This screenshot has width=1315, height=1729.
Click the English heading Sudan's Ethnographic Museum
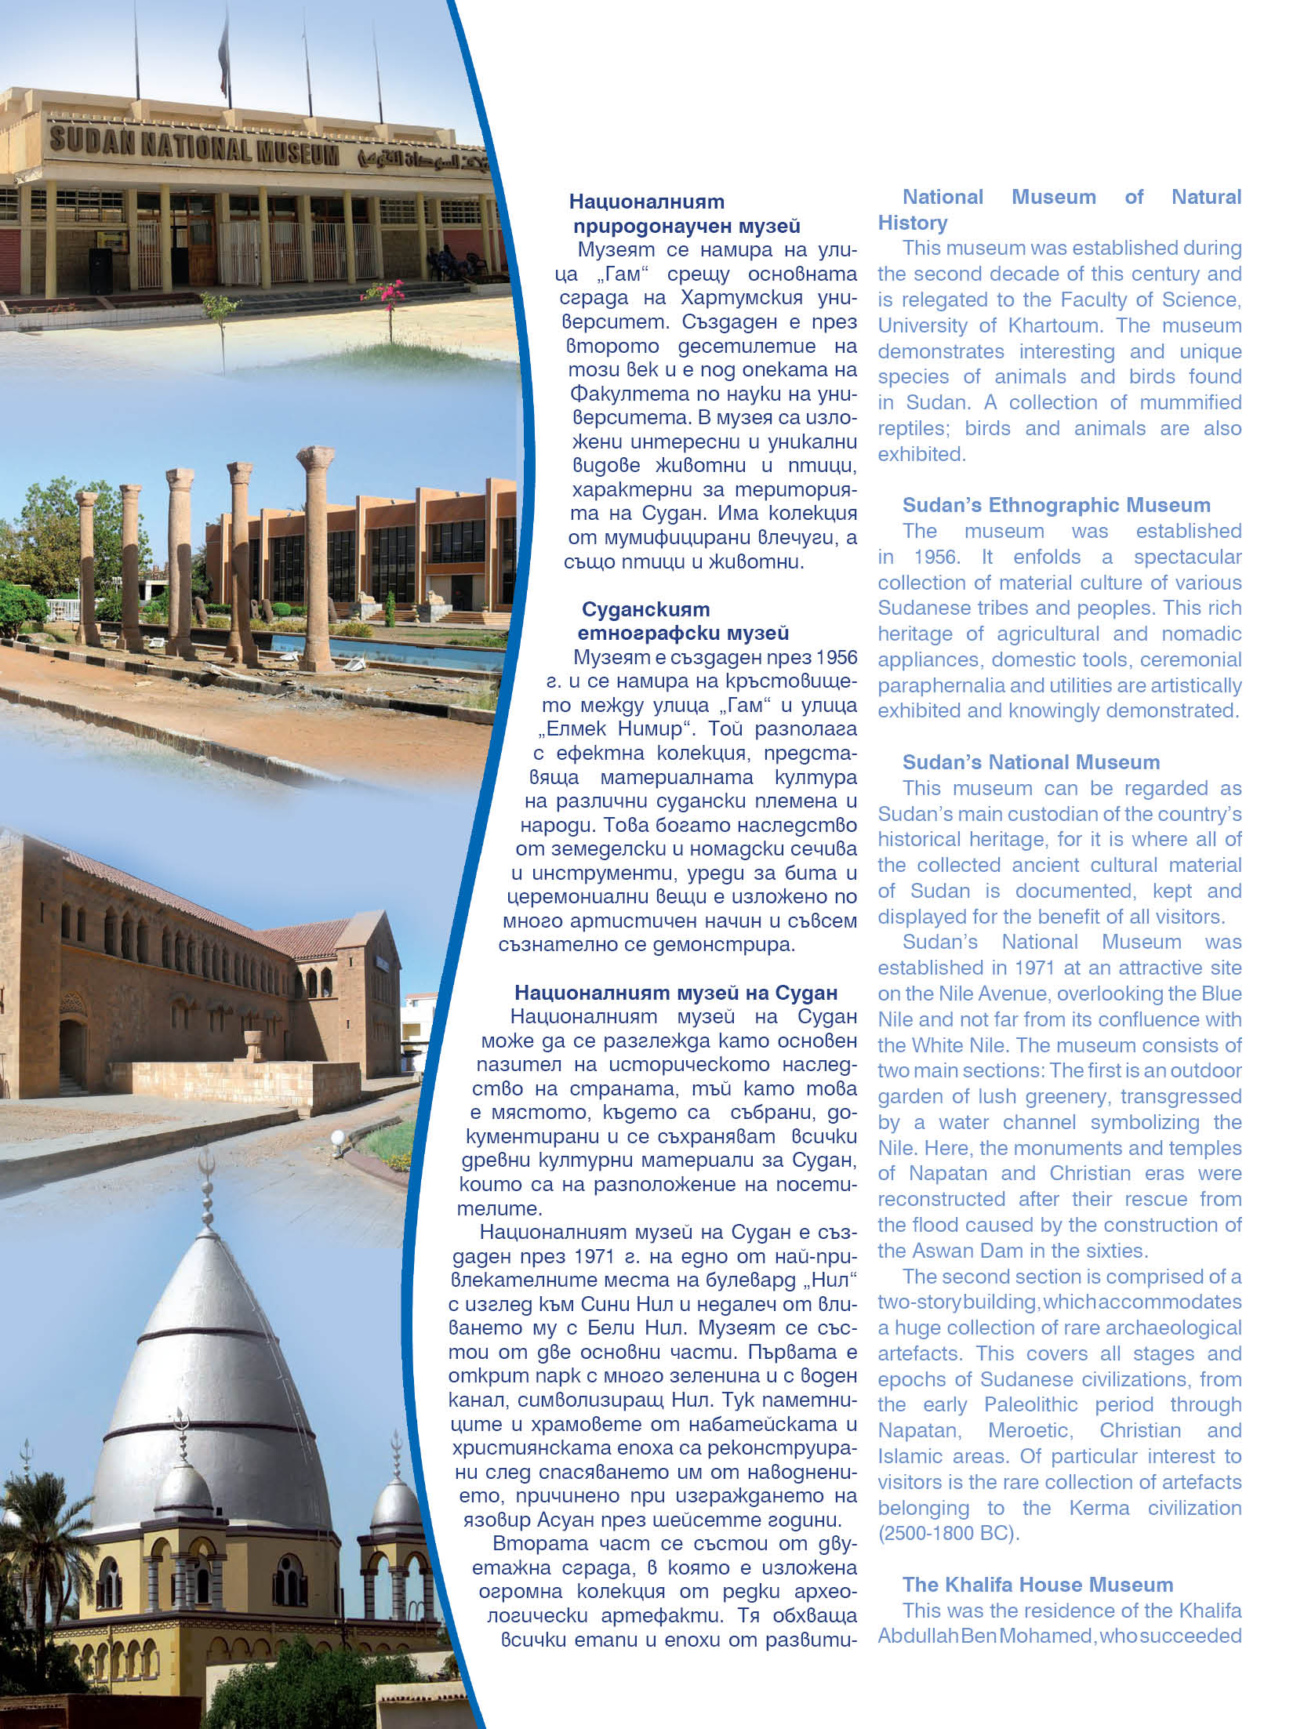click(1055, 505)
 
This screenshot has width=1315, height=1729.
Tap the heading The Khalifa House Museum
click(1037, 1585)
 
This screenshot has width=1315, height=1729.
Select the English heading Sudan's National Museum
click(1030, 762)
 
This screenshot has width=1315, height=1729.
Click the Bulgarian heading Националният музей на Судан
click(676, 993)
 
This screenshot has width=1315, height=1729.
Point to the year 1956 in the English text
click(936, 557)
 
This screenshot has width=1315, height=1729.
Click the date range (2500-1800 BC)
click(948, 1533)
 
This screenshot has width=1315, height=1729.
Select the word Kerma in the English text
click(1099, 1508)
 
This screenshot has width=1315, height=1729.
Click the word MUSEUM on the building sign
click(297, 154)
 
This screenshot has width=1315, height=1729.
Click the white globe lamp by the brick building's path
click(338, 1138)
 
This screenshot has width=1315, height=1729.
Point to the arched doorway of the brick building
click(73, 1051)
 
